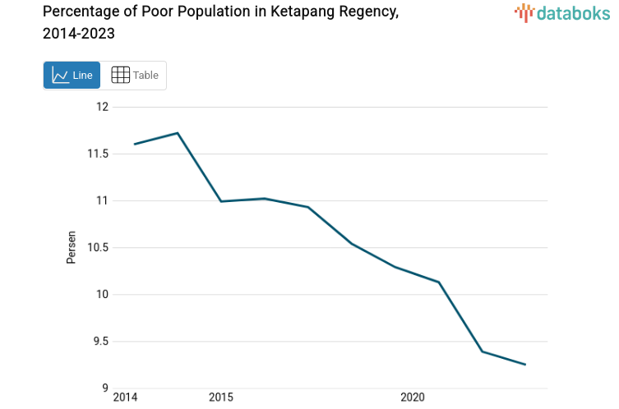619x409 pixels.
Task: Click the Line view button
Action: point(72,76)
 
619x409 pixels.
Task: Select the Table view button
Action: point(134,76)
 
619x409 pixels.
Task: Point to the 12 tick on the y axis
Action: point(102,107)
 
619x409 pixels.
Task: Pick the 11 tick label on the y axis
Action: point(103,200)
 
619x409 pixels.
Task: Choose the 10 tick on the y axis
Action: point(102,294)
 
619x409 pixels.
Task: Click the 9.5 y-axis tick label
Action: point(99,341)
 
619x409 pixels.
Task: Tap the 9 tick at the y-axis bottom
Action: point(104,388)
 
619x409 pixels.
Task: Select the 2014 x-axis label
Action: point(125,398)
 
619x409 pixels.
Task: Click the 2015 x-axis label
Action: point(220,398)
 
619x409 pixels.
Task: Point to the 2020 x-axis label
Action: point(412,398)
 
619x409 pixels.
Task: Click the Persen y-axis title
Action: point(72,247)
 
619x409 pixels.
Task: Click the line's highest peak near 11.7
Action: point(178,133)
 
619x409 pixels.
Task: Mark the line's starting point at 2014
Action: point(134,144)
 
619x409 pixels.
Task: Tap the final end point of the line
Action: point(525,364)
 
